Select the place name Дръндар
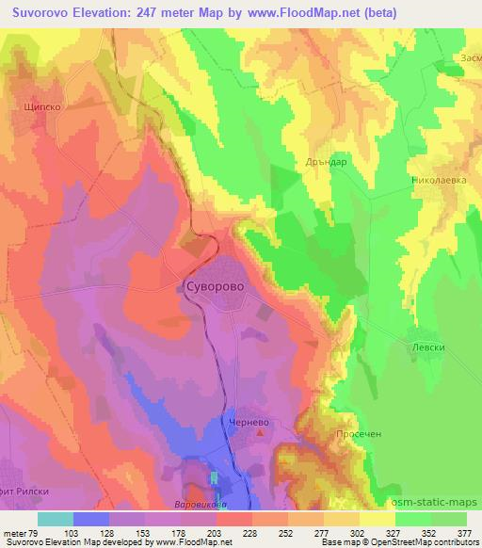pos(327,161)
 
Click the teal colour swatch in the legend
pos(56,518)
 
